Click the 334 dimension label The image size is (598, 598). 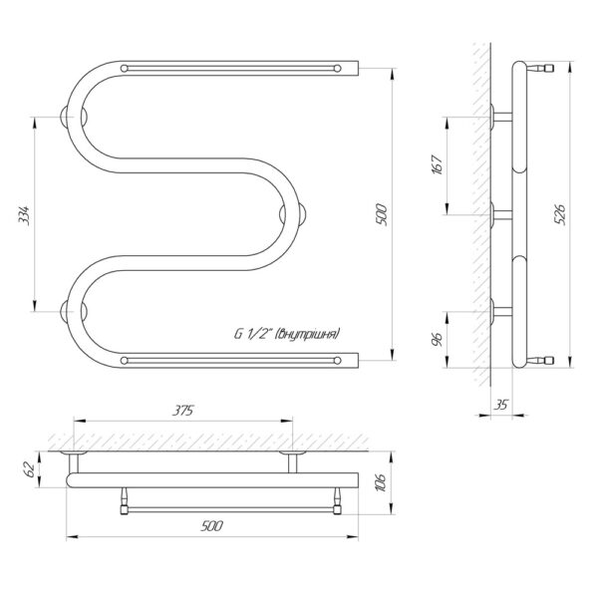click(x=24, y=215)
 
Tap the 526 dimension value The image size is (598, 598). click(x=560, y=214)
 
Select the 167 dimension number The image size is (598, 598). click(x=438, y=164)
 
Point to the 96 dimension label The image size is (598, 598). click(x=438, y=339)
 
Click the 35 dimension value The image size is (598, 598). click(x=501, y=405)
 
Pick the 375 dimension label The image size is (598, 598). click(x=183, y=411)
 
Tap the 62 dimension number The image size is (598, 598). click(x=30, y=468)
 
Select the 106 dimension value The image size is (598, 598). click(x=381, y=482)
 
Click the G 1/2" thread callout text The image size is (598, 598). click(x=286, y=334)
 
